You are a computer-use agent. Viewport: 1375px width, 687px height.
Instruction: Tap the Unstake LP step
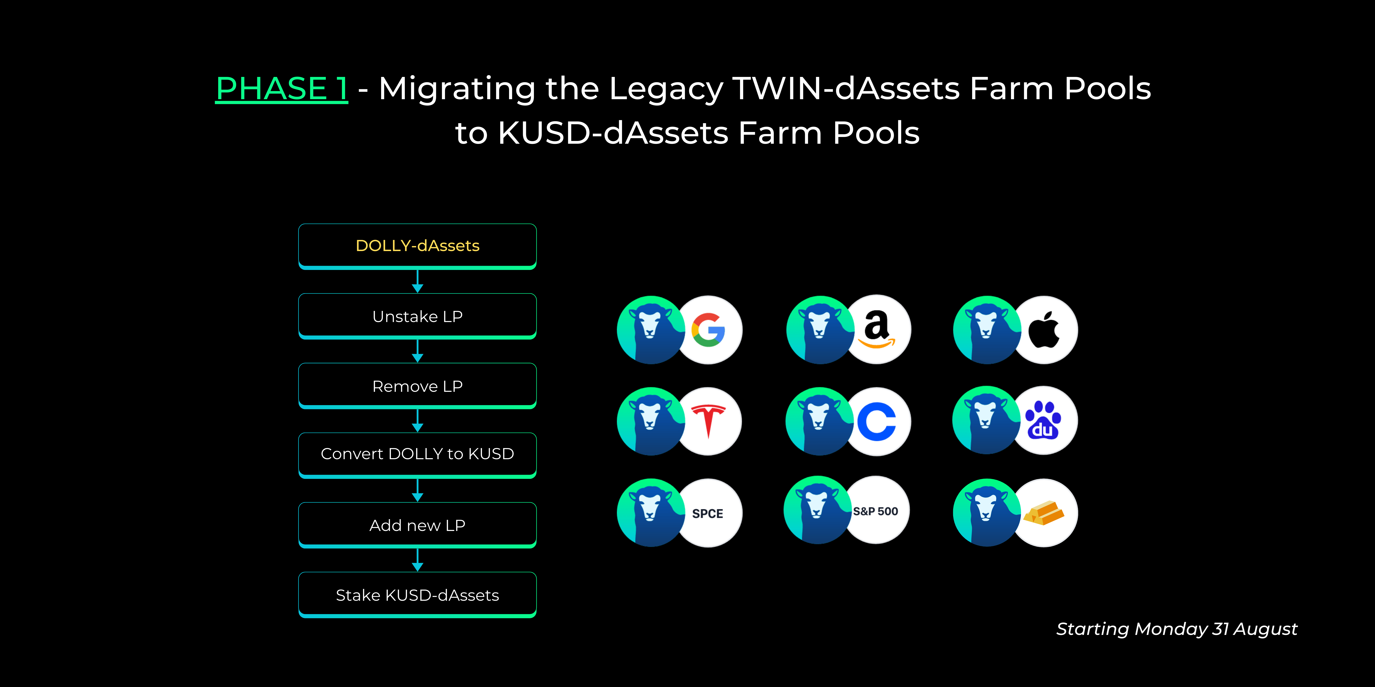click(417, 316)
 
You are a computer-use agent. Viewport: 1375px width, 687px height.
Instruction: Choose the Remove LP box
click(417, 386)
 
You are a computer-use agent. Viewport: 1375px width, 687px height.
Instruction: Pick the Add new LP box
click(417, 525)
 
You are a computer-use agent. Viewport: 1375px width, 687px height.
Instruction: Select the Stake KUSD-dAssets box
click(417, 595)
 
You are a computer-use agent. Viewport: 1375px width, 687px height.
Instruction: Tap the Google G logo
click(708, 330)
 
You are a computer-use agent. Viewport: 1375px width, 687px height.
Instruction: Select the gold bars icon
click(1044, 513)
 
